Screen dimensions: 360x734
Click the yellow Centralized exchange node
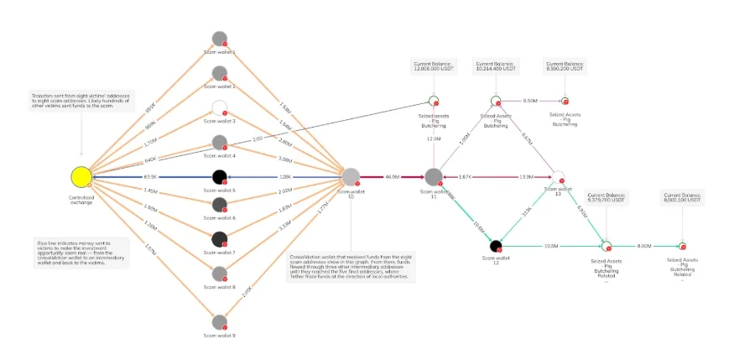[x=81, y=176]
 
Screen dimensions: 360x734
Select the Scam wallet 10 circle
[x=351, y=176]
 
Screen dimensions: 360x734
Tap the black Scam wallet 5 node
[x=220, y=176]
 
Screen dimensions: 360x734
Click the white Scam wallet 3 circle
[x=220, y=107]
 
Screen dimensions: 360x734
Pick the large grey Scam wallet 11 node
[x=434, y=176]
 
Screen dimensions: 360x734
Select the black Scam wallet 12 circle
[x=495, y=246]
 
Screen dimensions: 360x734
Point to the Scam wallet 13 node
[x=559, y=176]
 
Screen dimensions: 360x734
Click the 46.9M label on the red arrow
[x=392, y=177]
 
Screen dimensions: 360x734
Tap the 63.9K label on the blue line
[x=152, y=177]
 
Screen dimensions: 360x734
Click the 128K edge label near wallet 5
[x=284, y=177]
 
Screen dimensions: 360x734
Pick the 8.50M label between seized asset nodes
[x=529, y=100]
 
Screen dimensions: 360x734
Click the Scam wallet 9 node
[x=220, y=322]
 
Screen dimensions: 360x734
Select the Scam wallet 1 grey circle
[x=220, y=38]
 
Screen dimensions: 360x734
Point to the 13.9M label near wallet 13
[x=528, y=177]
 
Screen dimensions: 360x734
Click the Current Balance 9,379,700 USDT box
[x=606, y=198]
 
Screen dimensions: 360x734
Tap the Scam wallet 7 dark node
[x=220, y=238]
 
